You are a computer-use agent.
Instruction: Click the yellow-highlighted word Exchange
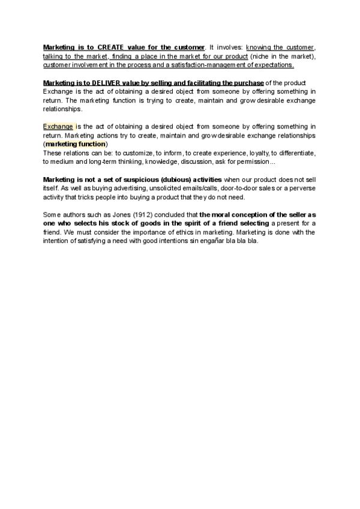click(58, 127)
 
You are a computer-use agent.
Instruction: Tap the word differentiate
click(294, 153)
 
